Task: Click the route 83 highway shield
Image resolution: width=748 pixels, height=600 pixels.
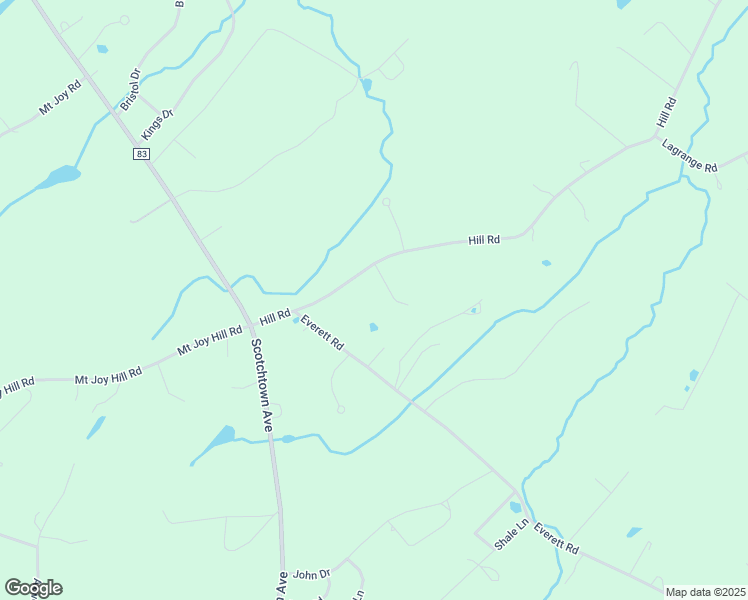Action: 142,153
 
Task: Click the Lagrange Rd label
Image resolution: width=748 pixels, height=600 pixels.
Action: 690,157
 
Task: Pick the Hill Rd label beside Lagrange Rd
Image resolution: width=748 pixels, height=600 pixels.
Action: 666,112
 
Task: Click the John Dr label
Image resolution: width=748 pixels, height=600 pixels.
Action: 312,574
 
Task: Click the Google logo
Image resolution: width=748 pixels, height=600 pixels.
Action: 33,588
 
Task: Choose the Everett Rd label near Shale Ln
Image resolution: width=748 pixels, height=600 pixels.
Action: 556,538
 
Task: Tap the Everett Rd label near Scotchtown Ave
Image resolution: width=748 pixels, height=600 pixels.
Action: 322,333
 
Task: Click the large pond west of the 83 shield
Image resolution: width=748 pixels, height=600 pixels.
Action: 60,177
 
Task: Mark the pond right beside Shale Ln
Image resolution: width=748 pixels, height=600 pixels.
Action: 516,507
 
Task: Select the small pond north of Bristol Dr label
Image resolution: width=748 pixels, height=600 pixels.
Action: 102,48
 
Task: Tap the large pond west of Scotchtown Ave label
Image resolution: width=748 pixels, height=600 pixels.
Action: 221,437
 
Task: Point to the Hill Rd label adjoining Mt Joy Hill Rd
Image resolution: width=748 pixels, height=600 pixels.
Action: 274,318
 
